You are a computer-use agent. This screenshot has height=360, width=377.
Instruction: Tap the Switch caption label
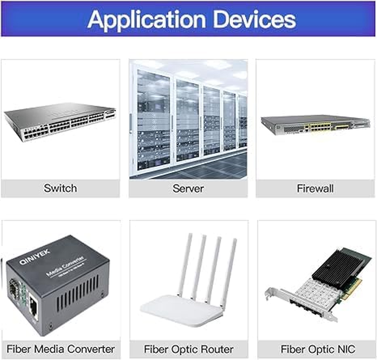click(60, 188)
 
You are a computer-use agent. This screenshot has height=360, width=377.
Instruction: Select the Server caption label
click(188, 188)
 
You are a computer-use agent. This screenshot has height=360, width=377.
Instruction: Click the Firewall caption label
click(315, 188)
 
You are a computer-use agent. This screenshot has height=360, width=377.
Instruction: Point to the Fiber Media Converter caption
click(61, 349)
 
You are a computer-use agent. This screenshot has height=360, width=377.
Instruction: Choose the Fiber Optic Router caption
click(189, 349)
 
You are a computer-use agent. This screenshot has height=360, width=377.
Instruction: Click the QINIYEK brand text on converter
click(35, 259)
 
